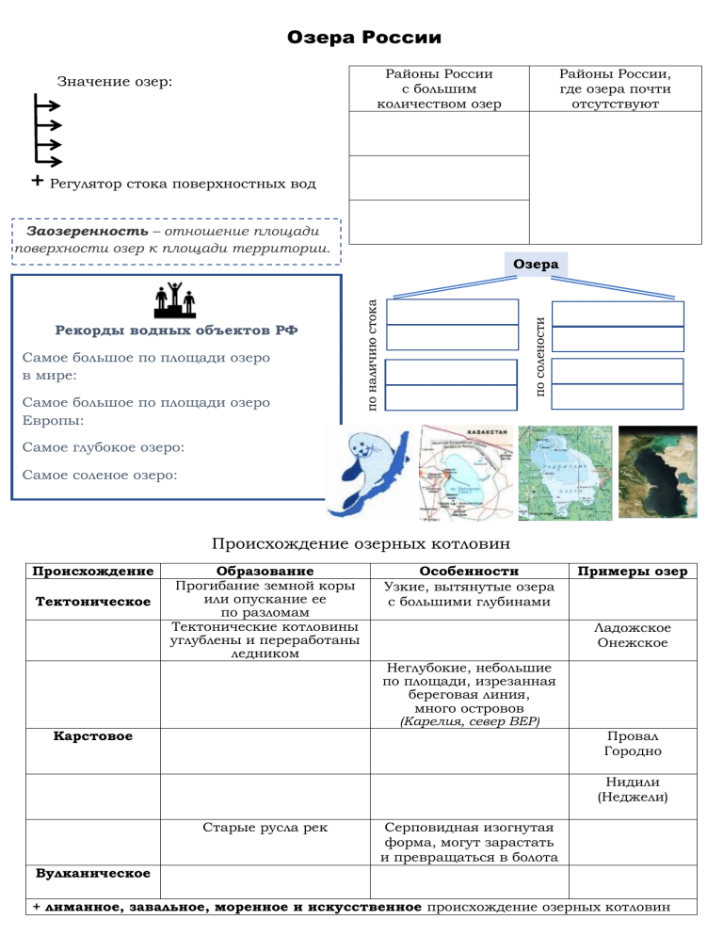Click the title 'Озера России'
tap(362, 39)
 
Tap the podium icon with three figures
tap(174, 299)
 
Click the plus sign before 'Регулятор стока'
tap(36, 181)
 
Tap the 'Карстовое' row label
tap(91, 735)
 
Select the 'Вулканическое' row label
tap(91, 873)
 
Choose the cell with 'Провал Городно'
tap(633, 744)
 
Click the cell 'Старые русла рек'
tap(265, 828)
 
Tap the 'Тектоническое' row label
tap(91, 601)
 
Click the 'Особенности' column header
tap(470, 571)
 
